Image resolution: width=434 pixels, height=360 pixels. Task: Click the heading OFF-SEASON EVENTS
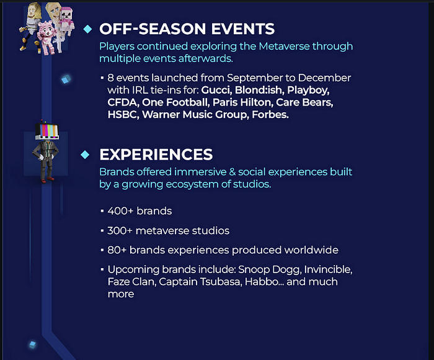point(187,29)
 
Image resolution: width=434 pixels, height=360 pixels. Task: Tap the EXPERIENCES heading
point(156,155)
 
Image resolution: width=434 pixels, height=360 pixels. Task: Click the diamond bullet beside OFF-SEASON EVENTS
point(88,29)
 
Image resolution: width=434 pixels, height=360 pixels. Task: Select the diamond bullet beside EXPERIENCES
point(85,155)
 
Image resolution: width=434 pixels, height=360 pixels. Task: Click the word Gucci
point(216,90)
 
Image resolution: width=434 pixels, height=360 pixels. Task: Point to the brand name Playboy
point(308,91)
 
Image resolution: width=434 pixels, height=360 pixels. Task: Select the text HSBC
point(123,114)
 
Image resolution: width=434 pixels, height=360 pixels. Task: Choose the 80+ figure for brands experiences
point(117,250)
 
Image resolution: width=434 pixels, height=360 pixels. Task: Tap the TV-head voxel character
point(46,151)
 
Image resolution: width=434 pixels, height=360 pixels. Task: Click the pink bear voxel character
point(46,37)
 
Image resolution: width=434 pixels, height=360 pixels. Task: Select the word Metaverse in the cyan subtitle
point(284,47)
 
